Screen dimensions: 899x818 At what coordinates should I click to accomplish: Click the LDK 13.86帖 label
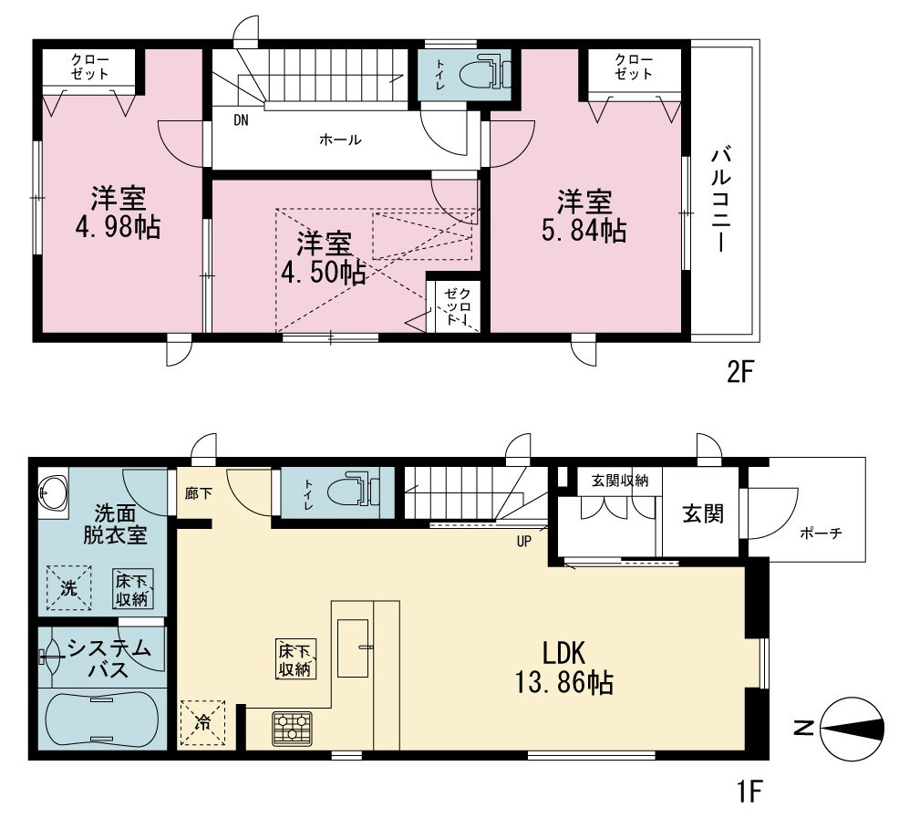564,668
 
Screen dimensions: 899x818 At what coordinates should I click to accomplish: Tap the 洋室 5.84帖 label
584,216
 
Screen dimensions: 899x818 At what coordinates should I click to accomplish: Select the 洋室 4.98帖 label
118,212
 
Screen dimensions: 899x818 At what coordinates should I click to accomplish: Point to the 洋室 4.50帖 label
324,258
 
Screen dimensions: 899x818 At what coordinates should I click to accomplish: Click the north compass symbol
851,729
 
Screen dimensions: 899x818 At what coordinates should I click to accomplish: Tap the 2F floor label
739,374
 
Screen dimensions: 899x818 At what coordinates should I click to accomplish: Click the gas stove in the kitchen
293,728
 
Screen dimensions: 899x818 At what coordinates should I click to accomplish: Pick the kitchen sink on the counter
353,647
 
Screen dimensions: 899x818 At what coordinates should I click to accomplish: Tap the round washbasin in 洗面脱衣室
53,493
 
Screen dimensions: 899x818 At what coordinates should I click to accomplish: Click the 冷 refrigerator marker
203,722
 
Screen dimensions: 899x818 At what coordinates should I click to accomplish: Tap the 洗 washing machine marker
68,587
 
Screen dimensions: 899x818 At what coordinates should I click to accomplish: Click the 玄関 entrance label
703,513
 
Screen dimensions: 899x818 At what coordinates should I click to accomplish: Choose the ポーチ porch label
821,533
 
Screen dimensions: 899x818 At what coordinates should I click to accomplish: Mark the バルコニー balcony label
721,200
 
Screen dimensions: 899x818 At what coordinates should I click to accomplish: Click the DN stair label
242,120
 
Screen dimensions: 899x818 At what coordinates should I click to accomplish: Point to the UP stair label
524,541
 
